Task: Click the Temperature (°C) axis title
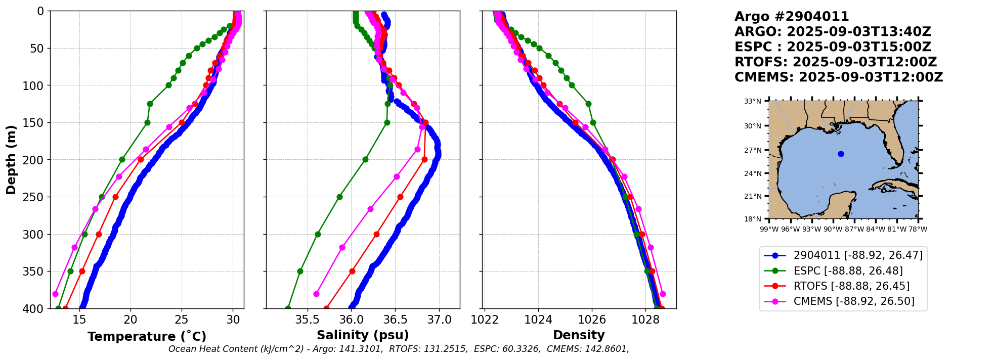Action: pos(147,337)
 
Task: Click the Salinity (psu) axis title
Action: pos(363,335)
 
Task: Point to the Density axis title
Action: pos(579,335)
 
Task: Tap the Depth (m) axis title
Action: pos(11,159)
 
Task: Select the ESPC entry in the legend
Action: pos(852,271)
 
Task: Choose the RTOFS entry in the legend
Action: pos(851,286)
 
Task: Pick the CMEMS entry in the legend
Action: pos(854,301)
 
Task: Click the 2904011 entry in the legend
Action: pos(858,255)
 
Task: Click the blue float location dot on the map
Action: pos(841,154)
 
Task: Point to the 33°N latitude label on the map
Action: pos(752,101)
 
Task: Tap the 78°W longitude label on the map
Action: pos(918,229)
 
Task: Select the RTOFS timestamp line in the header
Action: pos(836,62)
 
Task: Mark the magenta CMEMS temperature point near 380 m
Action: pos(55,294)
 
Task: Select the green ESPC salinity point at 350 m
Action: pos(300,271)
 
